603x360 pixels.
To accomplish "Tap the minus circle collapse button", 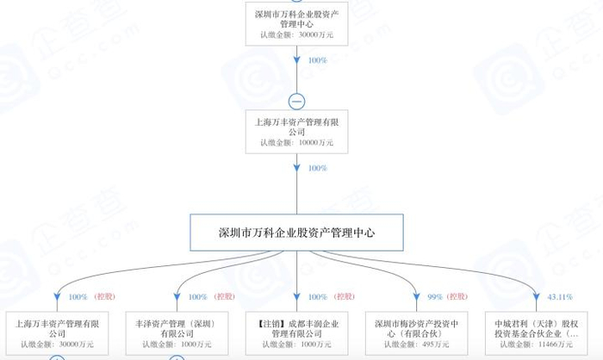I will (x=296, y=101).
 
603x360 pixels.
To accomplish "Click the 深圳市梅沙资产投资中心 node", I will (x=417, y=332).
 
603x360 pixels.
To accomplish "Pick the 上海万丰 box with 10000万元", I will (x=296, y=132).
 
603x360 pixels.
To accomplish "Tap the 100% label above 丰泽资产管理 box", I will (x=197, y=297).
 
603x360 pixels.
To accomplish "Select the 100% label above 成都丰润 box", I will (x=317, y=297).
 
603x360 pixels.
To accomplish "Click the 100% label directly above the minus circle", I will (x=317, y=62).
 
